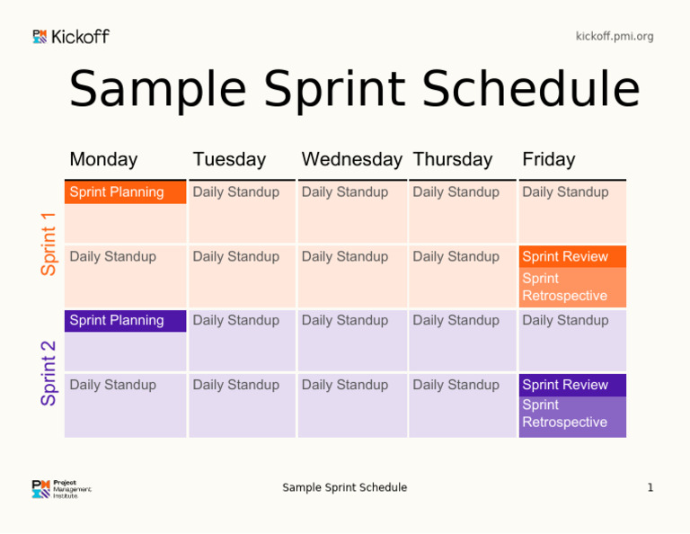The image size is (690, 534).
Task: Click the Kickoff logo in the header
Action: click(71, 37)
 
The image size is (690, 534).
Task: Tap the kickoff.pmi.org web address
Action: click(615, 37)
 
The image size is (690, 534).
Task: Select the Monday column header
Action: click(103, 160)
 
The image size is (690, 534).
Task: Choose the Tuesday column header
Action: click(229, 160)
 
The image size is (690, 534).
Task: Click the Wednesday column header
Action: click(351, 160)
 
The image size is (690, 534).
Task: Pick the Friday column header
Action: click(548, 160)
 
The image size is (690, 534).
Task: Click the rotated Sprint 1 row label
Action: click(49, 244)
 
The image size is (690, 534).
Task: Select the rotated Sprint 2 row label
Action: click(49, 372)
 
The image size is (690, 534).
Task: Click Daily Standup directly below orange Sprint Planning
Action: click(112, 257)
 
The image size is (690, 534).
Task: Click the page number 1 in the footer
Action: click(650, 488)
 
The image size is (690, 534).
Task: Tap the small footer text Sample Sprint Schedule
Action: click(344, 488)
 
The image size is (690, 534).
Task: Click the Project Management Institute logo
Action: click(61, 489)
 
